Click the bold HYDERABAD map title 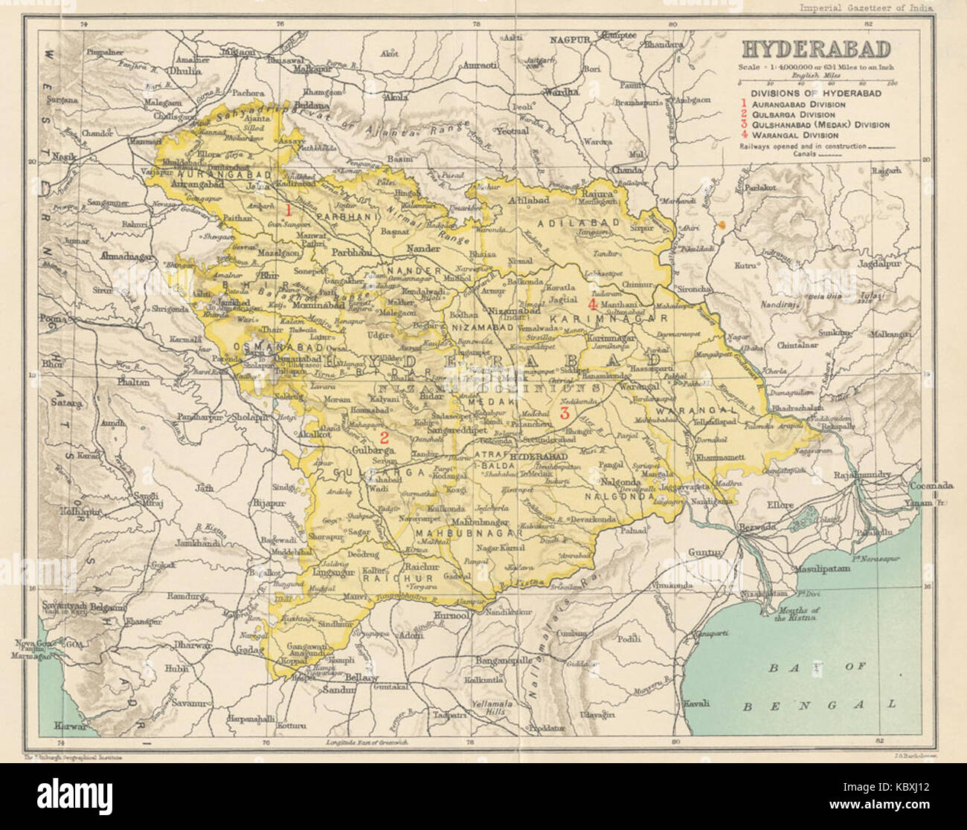[x=815, y=50]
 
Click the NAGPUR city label [x=569, y=37]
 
